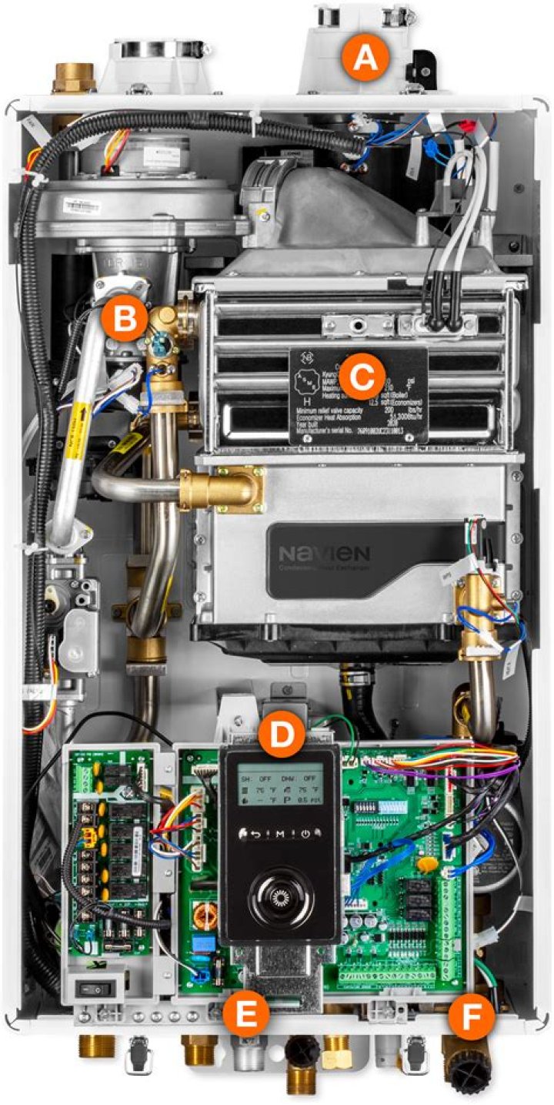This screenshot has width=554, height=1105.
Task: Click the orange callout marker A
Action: pyautogui.click(x=365, y=59)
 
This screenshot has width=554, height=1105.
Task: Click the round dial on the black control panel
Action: pyautogui.click(x=280, y=893)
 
